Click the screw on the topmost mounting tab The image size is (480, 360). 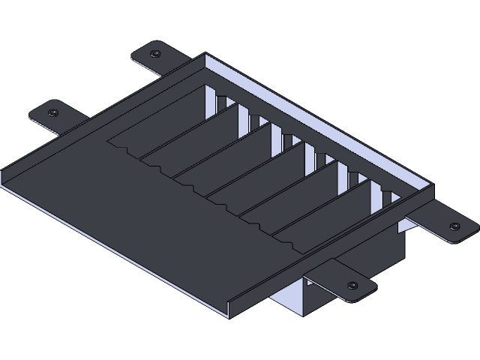[154, 55]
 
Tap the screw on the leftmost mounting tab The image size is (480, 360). [53, 112]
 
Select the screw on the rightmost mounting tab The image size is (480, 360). [454, 226]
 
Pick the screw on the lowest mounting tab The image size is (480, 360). [352, 286]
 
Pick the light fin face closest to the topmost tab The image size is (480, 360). [223, 105]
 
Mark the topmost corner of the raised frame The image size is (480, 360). [205, 54]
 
